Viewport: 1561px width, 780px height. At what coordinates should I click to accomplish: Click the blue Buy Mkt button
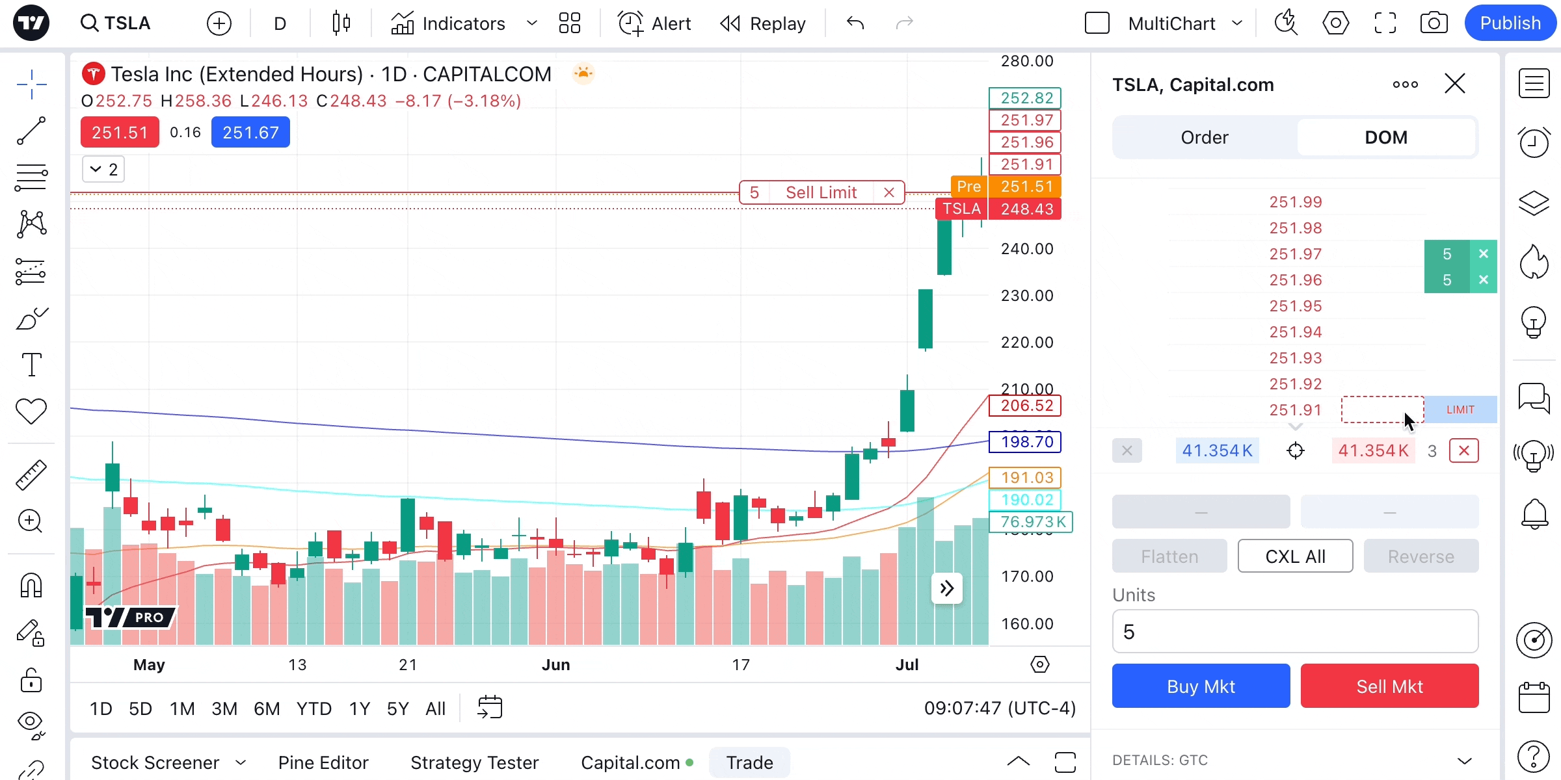click(x=1201, y=686)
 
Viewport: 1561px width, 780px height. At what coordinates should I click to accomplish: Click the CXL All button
click(x=1295, y=556)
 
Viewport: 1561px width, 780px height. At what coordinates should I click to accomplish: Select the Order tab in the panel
click(x=1205, y=137)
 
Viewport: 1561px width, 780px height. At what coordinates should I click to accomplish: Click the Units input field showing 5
click(x=1294, y=632)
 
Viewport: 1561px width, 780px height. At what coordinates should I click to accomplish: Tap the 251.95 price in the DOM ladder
click(x=1296, y=306)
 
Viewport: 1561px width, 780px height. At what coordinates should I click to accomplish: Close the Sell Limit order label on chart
click(x=889, y=192)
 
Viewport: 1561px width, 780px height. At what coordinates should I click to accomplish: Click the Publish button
click(x=1510, y=23)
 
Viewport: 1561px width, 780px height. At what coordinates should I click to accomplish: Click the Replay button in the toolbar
click(x=763, y=23)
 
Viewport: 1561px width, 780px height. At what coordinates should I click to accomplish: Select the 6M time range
click(x=267, y=708)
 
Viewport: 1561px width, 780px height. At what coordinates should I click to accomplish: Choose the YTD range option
click(x=314, y=708)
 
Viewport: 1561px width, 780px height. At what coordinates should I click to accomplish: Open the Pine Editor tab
click(x=323, y=762)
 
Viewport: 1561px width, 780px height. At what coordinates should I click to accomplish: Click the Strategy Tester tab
click(x=475, y=762)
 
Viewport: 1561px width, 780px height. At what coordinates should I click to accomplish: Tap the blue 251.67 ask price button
click(x=250, y=133)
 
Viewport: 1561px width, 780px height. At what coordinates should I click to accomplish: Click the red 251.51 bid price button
click(x=120, y=133)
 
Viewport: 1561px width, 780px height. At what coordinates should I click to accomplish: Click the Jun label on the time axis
click(x=556, y=665)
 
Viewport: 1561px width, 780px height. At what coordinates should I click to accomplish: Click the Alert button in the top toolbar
click(x=654, y=23)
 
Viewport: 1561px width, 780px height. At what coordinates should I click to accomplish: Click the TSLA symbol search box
click(x=117, y=23)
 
